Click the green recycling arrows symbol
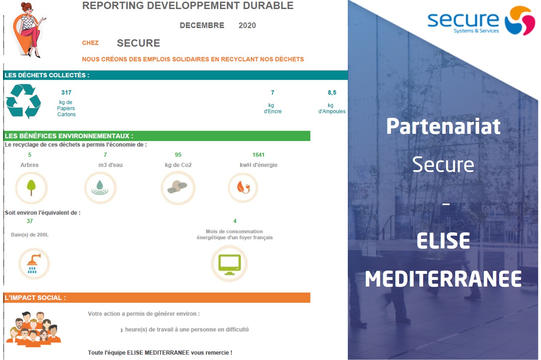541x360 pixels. (x=23, y=101)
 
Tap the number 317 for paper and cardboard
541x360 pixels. (x=66, y=92)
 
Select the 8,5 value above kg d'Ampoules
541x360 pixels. (x=332, y=92)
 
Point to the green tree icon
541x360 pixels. (x=31, y=188)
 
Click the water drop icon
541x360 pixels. (x=100, y=188)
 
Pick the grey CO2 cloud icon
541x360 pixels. (x=178, y=187)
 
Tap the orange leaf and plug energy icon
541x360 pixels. (x=243, y=187)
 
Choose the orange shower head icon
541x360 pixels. (x=33, y=263)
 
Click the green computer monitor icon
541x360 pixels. (x=230, y=264)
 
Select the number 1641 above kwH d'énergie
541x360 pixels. (x=258, y=155)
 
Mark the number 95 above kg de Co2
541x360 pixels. (x=178, y=155)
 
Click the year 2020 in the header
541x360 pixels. (x=247, y=25)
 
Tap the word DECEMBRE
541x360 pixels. (x=202, y=25)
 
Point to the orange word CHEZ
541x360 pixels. (x=90, y=43)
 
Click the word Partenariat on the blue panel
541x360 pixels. (x=443, y=126)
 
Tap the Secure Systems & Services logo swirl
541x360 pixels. (x=520, y=20)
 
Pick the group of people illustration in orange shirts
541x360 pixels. (x=33, y=329)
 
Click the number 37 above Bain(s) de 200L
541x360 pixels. (x=29, y=221)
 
